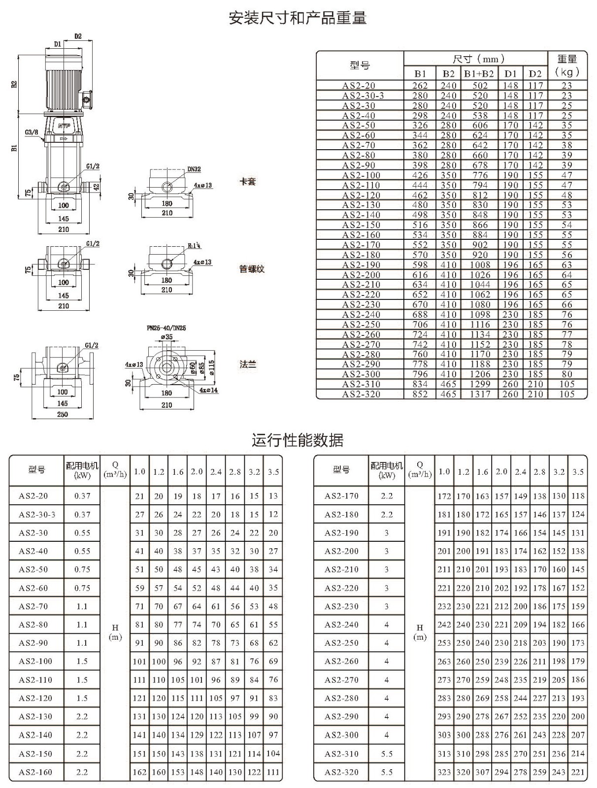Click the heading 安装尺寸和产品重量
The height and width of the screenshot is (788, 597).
(x=298, y=18)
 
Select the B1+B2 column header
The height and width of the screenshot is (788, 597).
(x=479, y=73)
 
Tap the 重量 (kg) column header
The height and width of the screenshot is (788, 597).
(x=567, y=65)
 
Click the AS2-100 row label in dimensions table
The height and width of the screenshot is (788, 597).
(x=361, y=175)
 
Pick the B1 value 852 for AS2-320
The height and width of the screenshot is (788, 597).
(x=420, y=394)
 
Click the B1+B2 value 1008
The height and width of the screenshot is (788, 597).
(x=480, y=265)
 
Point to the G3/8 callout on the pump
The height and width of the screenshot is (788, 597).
(x=32, y=132)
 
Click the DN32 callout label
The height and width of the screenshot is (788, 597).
(x=194, y=169)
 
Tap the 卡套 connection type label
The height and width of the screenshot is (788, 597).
(x=247, y=181)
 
